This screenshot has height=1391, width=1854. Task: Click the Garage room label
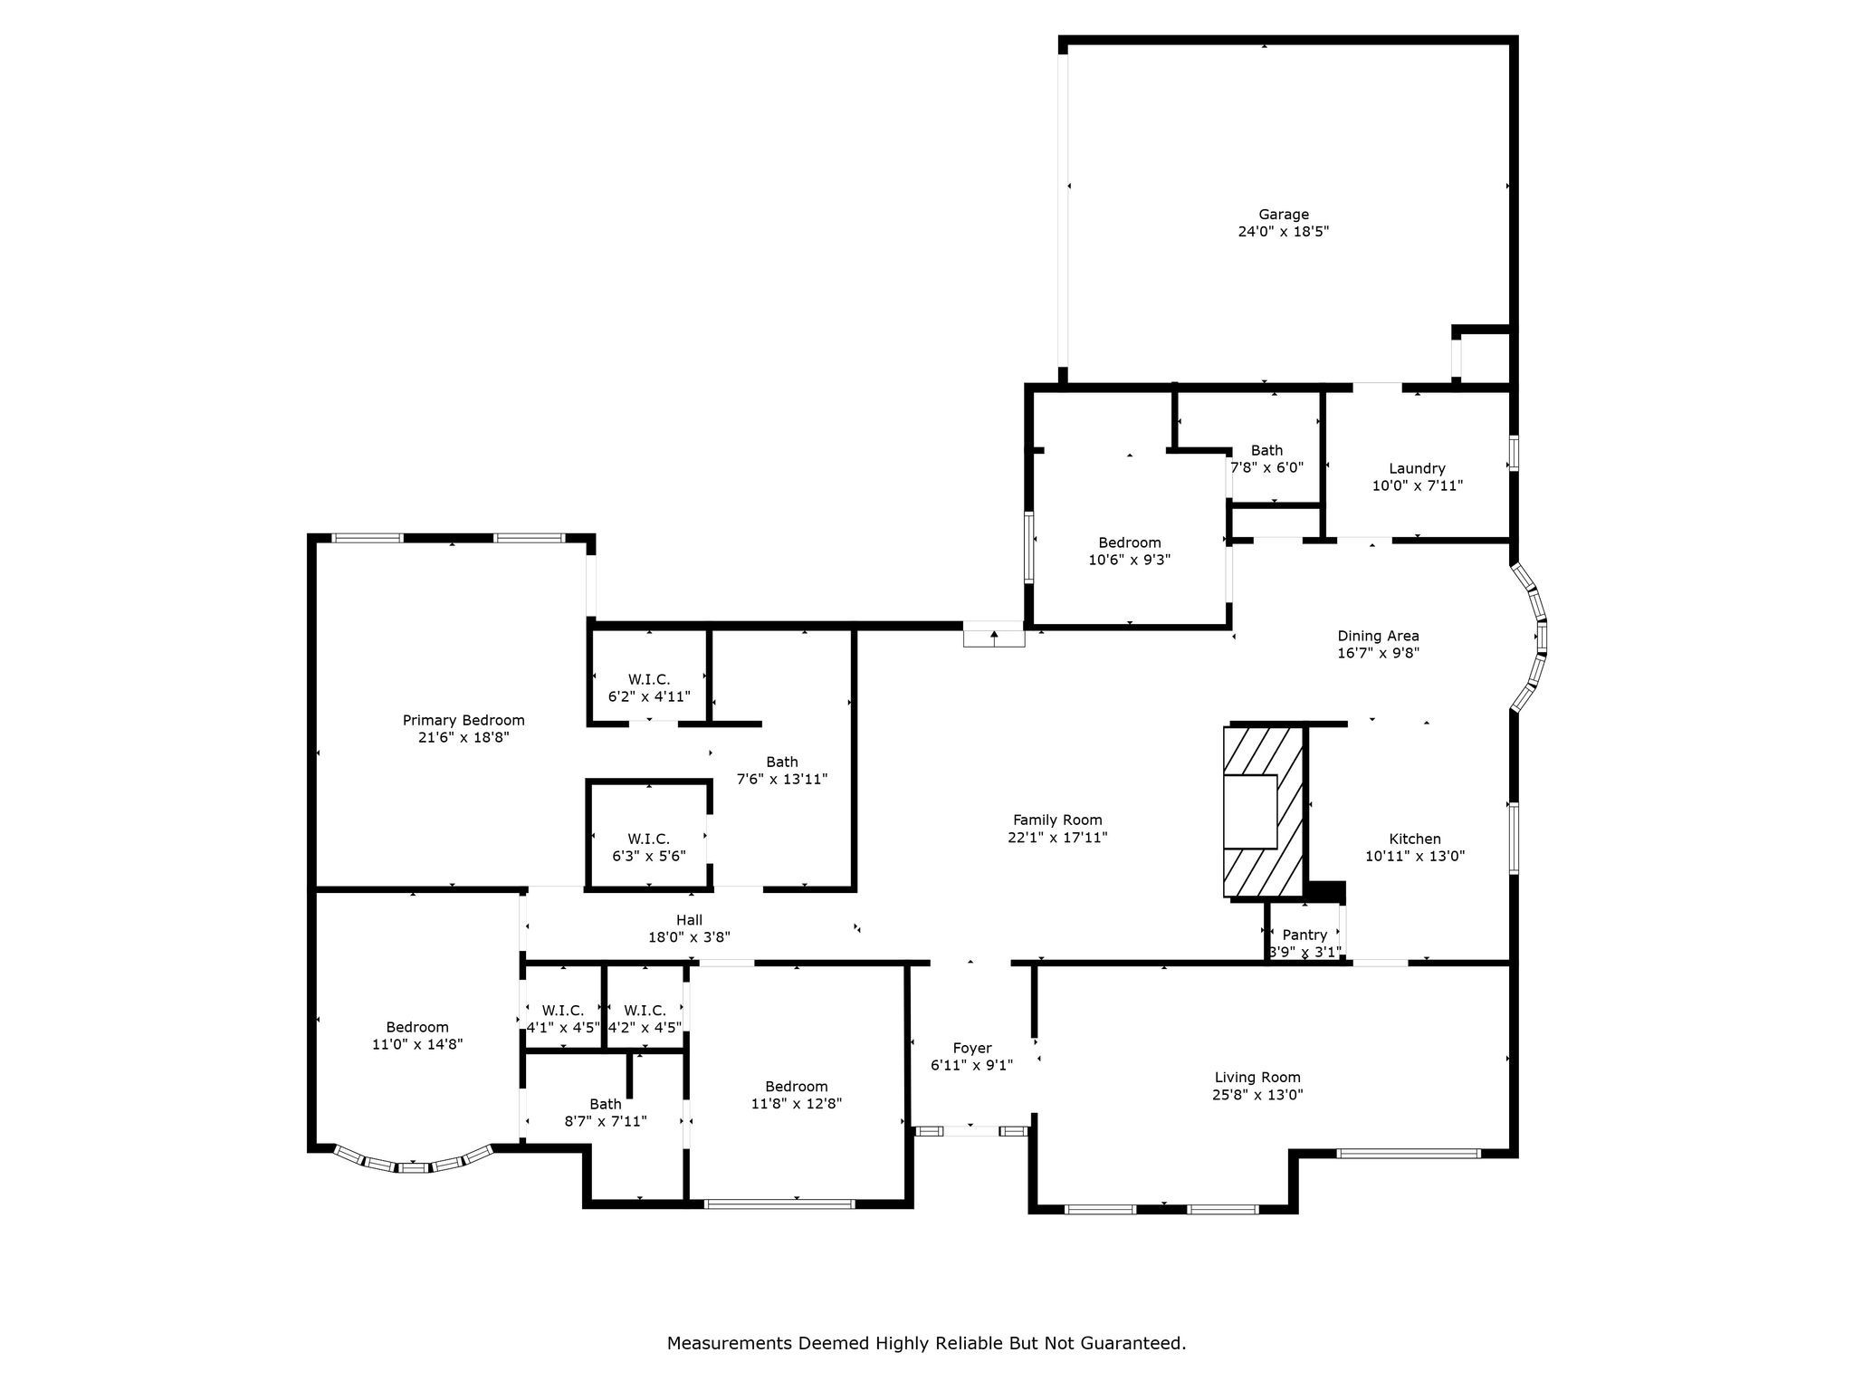[1283, 215]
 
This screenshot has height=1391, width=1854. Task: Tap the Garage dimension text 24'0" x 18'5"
[1283, 232]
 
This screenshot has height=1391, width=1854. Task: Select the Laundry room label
[1417, 468]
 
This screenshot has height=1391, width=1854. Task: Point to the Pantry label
[1304, 935]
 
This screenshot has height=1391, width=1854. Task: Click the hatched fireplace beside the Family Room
[1265, 811]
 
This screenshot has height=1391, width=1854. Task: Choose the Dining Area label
[1378, 636]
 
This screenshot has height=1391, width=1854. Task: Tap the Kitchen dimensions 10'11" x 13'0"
[1415, 856]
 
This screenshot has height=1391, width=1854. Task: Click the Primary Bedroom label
[463, 720]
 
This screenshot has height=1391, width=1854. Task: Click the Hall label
[689, 920]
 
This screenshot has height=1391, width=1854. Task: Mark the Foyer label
[971, 1048]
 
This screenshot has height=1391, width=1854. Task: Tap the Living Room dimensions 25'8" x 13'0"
[1257, 1094]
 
